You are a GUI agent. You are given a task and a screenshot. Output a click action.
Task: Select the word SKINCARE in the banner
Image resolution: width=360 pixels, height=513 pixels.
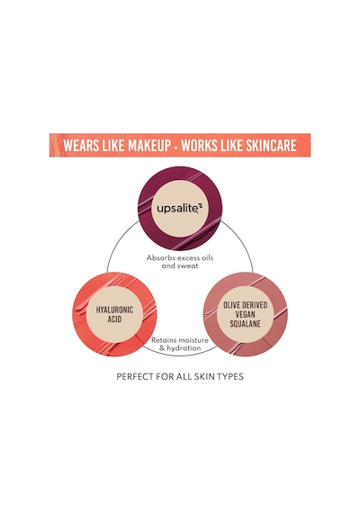(271, 145)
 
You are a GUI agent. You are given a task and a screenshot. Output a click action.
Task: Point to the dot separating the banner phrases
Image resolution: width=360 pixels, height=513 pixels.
(176, 146)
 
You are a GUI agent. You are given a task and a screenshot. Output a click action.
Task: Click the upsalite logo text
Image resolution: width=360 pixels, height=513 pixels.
(180, 209)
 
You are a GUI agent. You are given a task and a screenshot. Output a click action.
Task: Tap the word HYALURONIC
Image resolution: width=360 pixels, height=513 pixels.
(114, 310)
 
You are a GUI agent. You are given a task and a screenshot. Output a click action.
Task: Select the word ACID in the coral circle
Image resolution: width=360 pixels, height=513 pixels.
(114, 319)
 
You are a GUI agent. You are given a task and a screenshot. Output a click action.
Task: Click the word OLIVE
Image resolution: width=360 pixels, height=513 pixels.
(231, 305)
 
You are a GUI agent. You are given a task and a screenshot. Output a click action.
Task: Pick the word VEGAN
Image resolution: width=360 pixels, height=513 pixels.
(245, 314)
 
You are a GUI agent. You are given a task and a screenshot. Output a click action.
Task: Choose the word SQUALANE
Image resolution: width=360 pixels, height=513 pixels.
(245, 324)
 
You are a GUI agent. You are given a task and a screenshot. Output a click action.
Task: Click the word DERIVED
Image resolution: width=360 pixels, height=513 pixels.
(255, 305)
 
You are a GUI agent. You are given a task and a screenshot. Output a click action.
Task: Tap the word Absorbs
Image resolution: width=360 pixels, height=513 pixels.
(157, 257)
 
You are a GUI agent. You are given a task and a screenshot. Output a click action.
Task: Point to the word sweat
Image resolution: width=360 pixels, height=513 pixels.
(188, 265)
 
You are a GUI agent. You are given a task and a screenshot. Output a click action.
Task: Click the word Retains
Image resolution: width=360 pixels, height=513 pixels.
(162, 340)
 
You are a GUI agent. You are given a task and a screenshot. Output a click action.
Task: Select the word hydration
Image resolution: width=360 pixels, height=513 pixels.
(184, 348)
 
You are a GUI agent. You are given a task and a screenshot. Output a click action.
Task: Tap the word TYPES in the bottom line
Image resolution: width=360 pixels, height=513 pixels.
(231, 376)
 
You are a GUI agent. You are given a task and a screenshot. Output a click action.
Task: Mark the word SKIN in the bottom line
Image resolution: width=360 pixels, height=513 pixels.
(205, 376)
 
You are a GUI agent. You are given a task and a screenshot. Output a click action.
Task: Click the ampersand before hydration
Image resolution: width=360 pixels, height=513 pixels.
(162, 348)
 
